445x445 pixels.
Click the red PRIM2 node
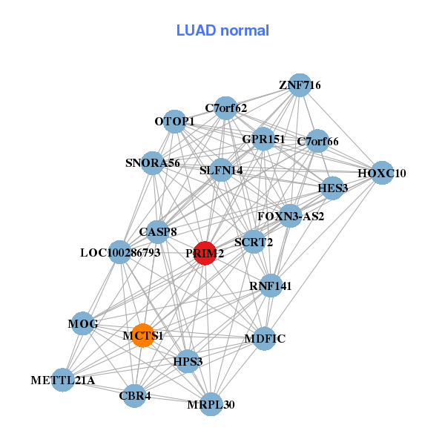coord(205,253)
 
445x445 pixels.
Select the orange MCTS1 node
coord(142,335)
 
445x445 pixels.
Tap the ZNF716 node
coord(300,85)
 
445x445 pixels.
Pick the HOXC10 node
coord(382,173)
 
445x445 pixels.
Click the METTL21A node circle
coord(63,380)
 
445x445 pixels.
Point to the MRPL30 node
coord(211,404)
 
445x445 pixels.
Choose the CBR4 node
coord(135,395)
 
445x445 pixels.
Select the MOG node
coord(83,323)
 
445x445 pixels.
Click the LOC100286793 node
coord(120,252)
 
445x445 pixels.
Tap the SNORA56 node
coord(153,162)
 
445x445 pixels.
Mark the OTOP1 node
coord(174,121)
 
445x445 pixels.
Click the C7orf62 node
coord(226,108)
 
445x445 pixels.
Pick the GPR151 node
coord(263,139)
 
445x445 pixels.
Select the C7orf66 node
coord(317,141)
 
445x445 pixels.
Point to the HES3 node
coord(333,188)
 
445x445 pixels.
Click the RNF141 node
coord(271,286)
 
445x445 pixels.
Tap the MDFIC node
coord(264,338)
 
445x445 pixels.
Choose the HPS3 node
coord(188,361)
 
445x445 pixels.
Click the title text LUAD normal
coord(222,30)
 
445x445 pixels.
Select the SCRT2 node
coord(254,241)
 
